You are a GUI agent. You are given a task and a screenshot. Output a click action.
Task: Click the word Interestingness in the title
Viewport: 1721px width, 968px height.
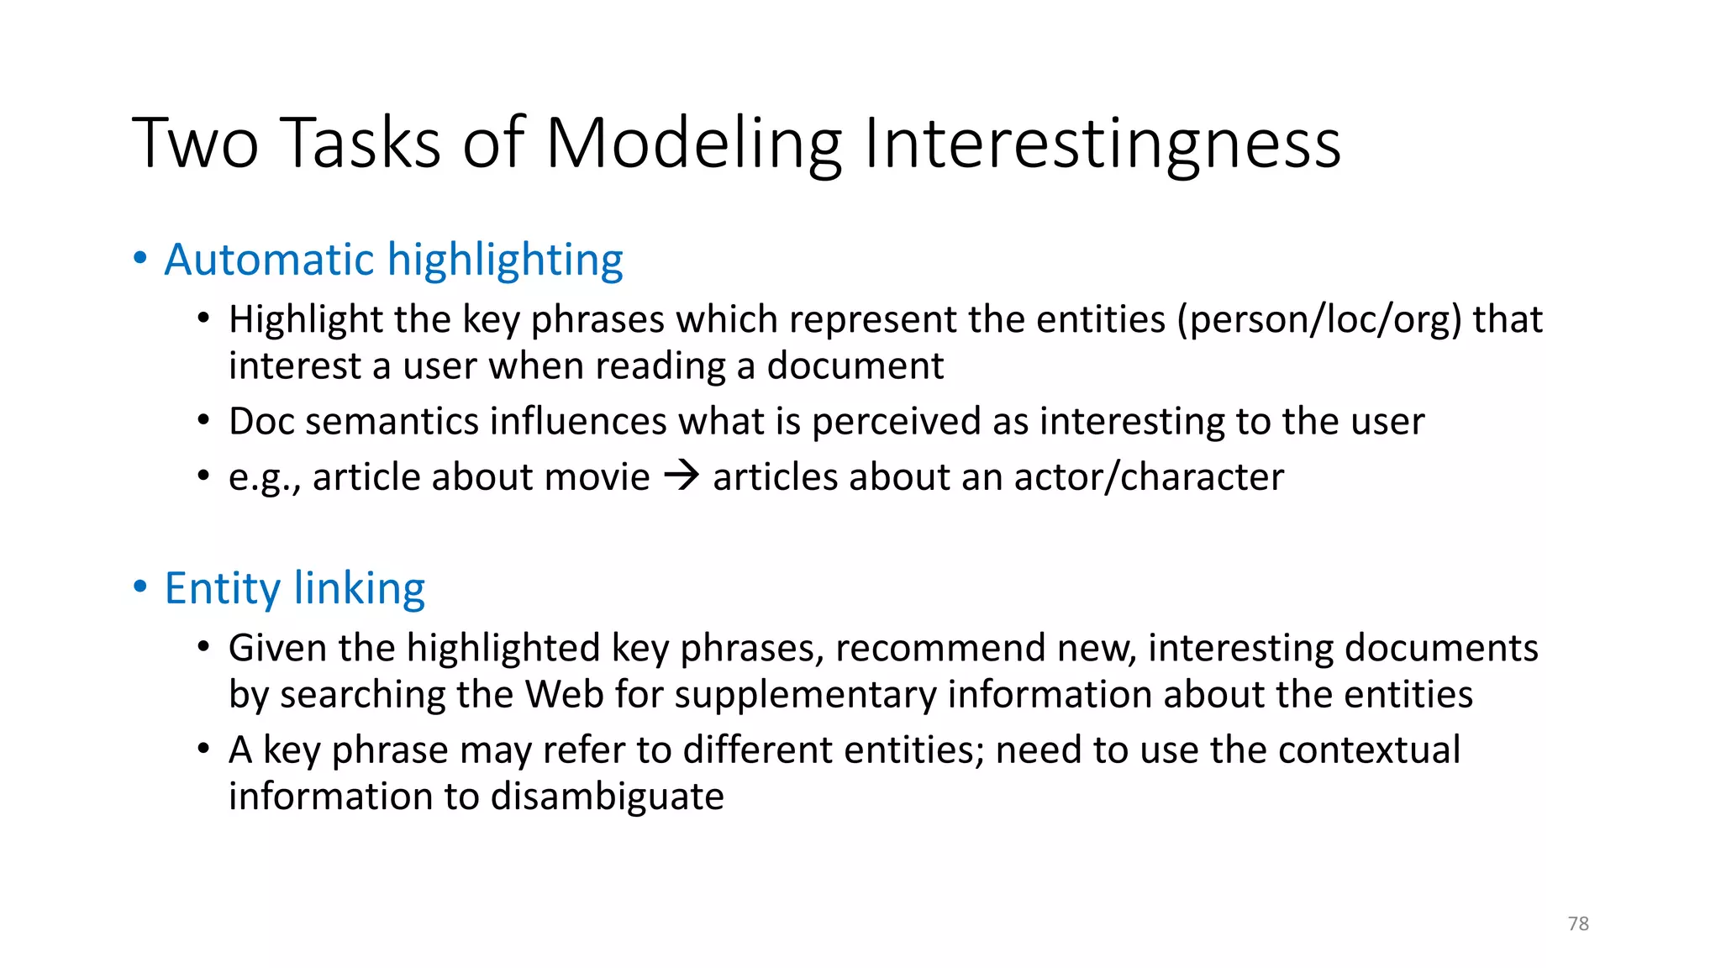pyautogui.click(x=1102, y=143)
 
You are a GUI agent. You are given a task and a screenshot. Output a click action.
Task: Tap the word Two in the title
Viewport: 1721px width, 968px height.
pyautogui.click(x=195, y=143)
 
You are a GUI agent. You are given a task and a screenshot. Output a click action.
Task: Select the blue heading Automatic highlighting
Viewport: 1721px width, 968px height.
pyautogui.click(x=393, y=260)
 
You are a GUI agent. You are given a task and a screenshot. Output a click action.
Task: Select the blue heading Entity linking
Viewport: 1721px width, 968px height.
pyautogui.click(x=295, y=588)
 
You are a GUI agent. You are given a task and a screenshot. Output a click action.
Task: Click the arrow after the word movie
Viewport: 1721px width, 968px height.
pyautogui.click(x=682, y=476)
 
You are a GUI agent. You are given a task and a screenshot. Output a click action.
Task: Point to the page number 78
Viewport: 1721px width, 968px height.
pyautogui.click(x=1578, y=923)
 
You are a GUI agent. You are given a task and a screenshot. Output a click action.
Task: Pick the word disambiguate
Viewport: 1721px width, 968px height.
pyautogui.click(x=607, y=797)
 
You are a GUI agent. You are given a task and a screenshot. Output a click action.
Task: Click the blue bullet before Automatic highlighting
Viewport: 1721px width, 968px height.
pyautogui.click(x=140, y=258)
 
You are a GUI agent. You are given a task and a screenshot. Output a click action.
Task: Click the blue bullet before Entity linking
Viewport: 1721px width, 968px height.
pyautogui.click(x=140, y=587)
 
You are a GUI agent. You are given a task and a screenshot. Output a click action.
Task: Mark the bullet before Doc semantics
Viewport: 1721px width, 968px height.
pyautogui.click(x=203, y=420)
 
